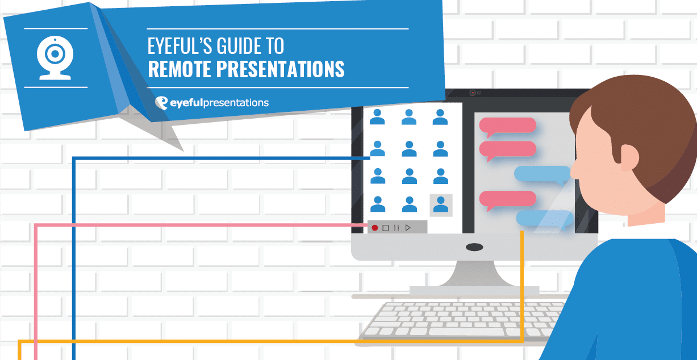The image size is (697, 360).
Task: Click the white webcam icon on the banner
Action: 55,58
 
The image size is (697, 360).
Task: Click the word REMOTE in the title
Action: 179,69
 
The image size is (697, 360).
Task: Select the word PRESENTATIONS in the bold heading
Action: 281,69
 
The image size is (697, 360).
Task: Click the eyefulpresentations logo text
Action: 219,103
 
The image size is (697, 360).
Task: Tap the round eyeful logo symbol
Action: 161,103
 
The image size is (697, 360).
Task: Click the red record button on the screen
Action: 375,228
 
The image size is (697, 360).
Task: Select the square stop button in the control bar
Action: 385,228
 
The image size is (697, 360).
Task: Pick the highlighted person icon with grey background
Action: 441,205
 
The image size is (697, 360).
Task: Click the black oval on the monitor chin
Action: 474,247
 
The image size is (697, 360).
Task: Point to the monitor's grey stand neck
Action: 474,274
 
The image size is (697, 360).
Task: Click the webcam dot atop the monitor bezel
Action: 473,93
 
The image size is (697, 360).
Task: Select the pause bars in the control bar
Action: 397,228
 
